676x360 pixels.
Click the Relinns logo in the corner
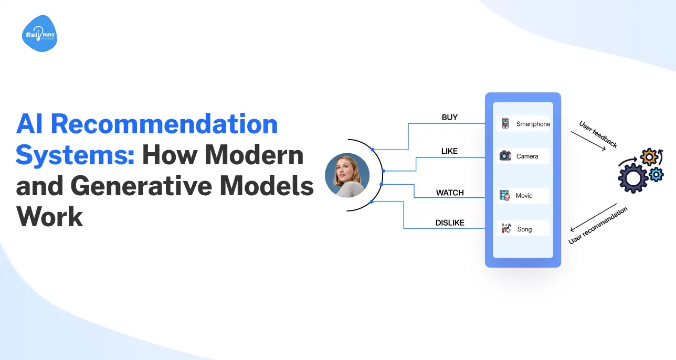(39, 34)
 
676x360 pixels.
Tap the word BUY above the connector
(450, 118)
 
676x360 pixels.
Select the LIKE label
(449, 151)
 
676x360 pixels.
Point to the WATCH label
(450, 193)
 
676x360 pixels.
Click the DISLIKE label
(450, 223)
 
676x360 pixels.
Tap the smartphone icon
(505, 123)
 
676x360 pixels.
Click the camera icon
(505, 156)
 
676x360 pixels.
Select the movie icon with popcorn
(504, 196)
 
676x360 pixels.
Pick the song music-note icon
(506, 228)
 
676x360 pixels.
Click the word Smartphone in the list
(533, 124)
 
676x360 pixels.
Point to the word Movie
(524, 196)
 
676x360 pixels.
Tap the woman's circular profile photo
(347, 175)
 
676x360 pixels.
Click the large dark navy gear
(632, 178)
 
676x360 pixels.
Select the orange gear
(649, 157)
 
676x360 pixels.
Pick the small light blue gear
(656, 175)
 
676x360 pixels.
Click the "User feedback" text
(598, 134)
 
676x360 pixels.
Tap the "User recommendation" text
(598, 226)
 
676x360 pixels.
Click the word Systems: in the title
(75, 155)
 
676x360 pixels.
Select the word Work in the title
(49, 217)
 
